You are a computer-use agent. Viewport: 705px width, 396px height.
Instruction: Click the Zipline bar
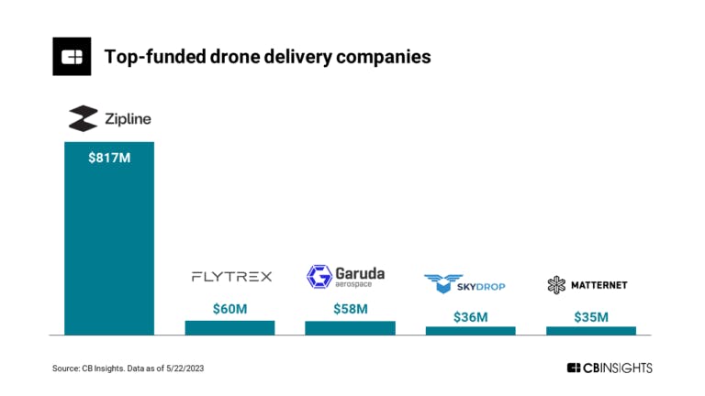coord(108,238)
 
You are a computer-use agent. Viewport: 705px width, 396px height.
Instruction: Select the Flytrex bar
coord(229,327)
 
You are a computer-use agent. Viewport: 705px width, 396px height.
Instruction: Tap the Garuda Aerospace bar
coord(350,327)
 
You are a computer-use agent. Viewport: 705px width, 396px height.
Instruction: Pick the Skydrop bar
coord(470,330)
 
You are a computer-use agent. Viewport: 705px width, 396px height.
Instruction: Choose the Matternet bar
coord(590,330)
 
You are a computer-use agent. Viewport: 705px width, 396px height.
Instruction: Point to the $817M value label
coord(108,158)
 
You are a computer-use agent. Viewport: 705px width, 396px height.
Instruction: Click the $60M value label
coord(229,309)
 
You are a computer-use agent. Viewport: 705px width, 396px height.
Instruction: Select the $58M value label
coord(350,309)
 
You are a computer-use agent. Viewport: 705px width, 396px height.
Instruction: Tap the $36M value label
coord(470,316)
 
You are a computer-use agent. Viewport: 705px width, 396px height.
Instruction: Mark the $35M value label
coord(590,316)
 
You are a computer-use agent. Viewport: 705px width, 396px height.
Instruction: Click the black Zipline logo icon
coord(83,118)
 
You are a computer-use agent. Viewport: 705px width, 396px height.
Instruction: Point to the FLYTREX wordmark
coord(231,277)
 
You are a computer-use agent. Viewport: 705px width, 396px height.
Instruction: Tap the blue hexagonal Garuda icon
coord(319,277)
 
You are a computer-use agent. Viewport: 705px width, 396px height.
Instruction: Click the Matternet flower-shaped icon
coord(556,285)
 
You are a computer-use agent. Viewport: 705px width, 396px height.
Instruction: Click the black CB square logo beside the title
coord(72,57)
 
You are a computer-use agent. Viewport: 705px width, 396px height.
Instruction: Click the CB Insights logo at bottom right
coord(610,368)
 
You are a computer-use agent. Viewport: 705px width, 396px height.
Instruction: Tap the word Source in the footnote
coord(65,368)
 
